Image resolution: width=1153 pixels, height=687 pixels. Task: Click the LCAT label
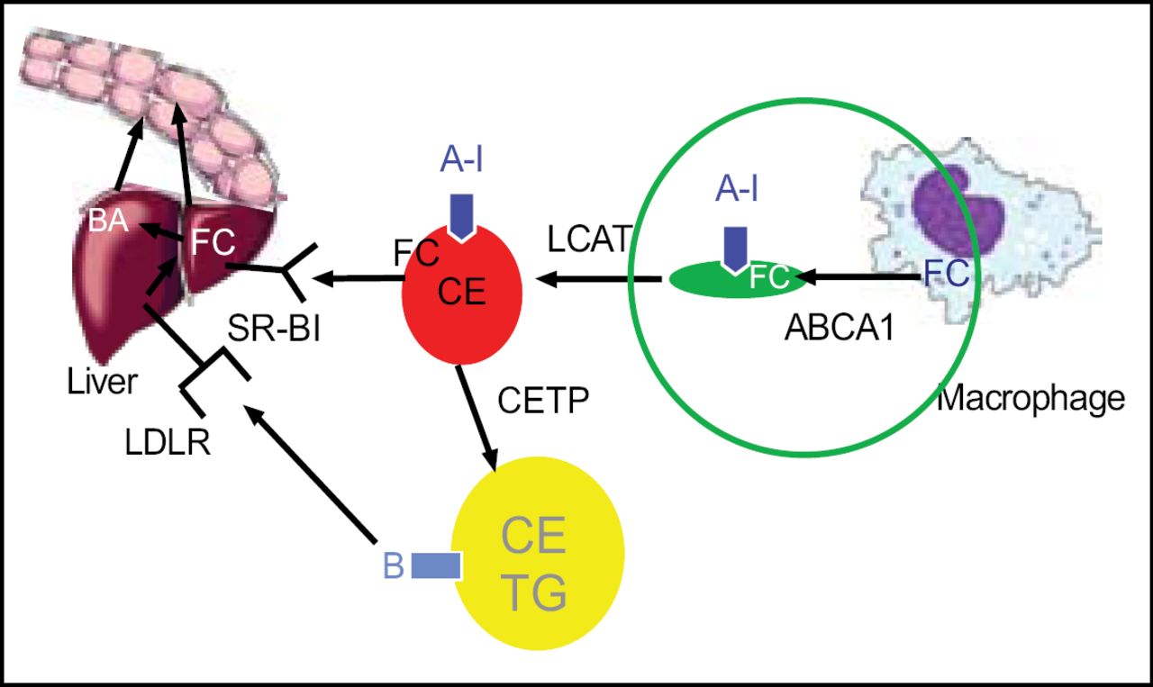coord(587,240)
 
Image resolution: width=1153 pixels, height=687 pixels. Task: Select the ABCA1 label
coord(839,328)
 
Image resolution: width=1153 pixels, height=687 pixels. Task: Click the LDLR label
coord(168,441)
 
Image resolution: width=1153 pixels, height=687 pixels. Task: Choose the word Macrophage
coord(1031,397)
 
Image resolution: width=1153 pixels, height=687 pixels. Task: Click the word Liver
coord(102,382)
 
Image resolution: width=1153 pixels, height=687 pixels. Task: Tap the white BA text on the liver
coord(107,221)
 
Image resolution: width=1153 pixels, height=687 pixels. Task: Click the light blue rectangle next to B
coord(436,566)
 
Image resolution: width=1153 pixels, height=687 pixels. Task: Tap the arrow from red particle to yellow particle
coord(478,415)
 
